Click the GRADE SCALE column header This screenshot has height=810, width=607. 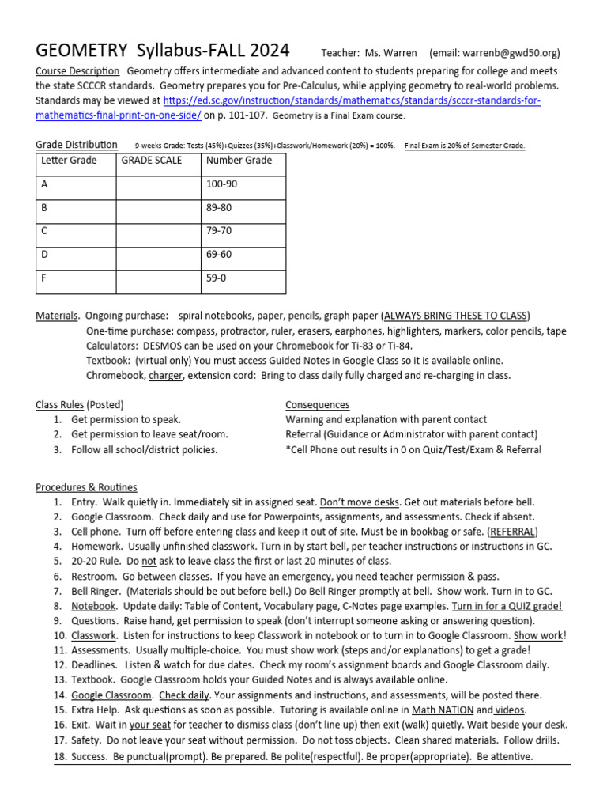tap(151, 161)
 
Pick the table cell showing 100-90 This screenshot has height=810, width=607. tap(221, 184)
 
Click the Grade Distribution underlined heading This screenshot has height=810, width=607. tap(77, 145)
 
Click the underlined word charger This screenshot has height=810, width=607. tap(165, 375)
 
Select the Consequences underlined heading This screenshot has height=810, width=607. tap(317, 405)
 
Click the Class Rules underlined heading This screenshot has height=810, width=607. tap(59, 405)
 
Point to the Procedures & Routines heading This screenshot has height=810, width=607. tap(86, 487)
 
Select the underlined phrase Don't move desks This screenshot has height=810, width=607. tap(356, 502)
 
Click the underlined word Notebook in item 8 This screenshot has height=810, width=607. tap(93, 606)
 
